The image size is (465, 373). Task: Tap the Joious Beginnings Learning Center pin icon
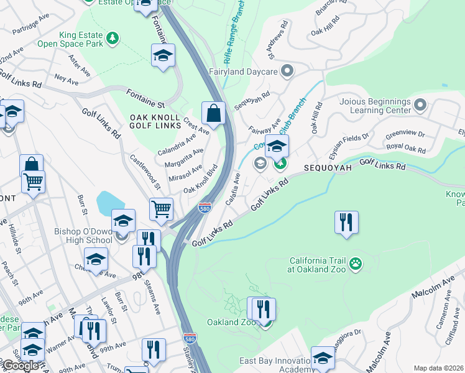(421, 104)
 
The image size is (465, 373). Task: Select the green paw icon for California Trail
(356, 264)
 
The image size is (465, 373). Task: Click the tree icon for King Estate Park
(113, 39)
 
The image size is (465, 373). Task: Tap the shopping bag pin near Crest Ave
(213, 114)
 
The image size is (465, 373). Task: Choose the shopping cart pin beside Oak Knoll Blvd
(162, 210)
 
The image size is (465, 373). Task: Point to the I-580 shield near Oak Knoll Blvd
(205, 208)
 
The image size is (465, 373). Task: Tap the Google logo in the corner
(20, 365)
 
